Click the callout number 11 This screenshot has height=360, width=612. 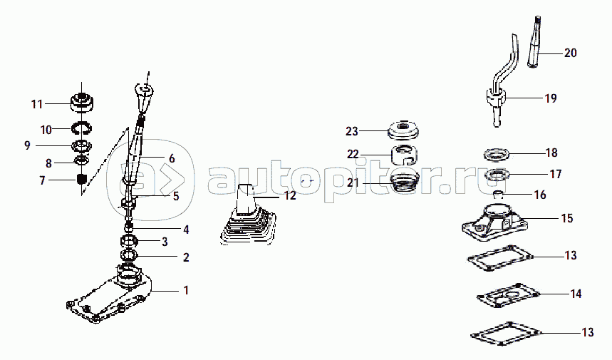(x=37, y=104)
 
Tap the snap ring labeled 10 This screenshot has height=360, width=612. (x=83, y=128)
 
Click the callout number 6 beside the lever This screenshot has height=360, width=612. (x=171, y=158)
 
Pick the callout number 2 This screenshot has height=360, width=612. (x=186, y=257)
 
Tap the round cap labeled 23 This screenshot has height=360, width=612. (x=407, y=130)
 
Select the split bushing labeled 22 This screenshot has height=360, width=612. (x=406, y=153)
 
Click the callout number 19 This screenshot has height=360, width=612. (x=550, y=98)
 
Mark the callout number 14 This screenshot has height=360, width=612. (x=576, y=293)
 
